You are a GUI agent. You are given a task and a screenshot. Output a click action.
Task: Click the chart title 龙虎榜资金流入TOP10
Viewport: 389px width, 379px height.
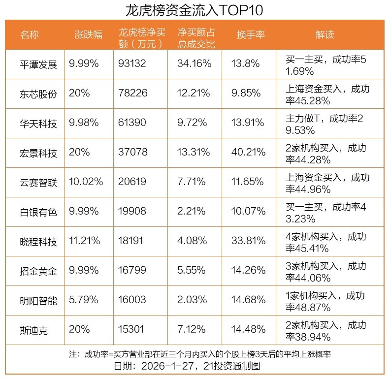194,10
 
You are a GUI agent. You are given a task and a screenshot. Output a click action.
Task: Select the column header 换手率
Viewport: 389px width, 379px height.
251,35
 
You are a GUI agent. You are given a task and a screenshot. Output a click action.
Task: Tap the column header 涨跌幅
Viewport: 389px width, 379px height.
88,35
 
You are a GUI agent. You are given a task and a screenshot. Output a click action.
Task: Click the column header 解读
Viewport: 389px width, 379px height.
324,35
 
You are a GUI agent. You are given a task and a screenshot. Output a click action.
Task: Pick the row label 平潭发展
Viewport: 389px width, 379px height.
38,64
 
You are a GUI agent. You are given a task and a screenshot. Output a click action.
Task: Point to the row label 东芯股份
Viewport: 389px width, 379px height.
38,94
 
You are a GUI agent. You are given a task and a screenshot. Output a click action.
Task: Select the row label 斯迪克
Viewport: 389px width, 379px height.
34,330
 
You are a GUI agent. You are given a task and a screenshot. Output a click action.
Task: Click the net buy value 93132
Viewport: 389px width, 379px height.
133,64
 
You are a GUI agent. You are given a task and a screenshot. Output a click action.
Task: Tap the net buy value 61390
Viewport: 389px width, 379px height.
133,123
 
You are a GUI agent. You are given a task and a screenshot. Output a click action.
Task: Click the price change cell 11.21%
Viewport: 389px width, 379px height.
85,241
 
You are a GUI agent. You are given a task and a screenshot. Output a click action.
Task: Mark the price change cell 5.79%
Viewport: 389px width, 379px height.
84,300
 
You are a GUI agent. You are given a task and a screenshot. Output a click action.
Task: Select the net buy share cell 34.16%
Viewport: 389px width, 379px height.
194,64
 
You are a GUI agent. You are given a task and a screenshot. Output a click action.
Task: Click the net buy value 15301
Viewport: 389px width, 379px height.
133,330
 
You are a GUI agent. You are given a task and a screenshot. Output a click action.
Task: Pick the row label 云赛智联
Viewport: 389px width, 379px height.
38,182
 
